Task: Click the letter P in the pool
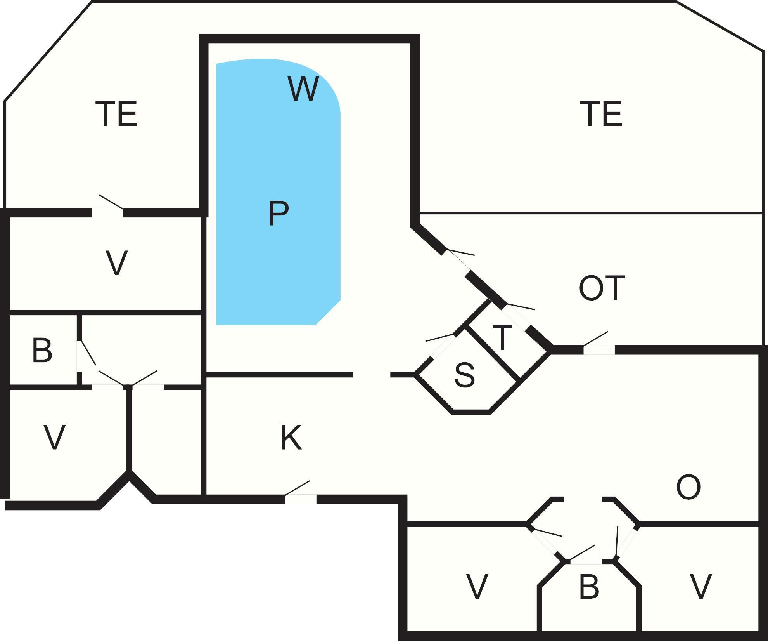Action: (278, 213)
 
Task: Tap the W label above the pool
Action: (303, 89)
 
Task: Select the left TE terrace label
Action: (116, 114)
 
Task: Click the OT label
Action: (602, 288)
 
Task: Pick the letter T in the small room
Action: (502, 338)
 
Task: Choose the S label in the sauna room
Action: (464, 375)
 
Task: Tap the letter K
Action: (291, 438)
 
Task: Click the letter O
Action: (688, 488)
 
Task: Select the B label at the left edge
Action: (42, 351)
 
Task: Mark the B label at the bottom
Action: (588, 587)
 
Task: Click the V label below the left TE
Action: (116, 263)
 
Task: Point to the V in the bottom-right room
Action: (701, 587)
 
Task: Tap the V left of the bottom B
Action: (476, 587)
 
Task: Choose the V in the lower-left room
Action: (54, 437)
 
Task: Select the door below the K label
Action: (301, 499)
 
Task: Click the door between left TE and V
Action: (107, 212)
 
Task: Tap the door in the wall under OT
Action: (599, 349)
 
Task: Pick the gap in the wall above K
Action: (371, 375)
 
